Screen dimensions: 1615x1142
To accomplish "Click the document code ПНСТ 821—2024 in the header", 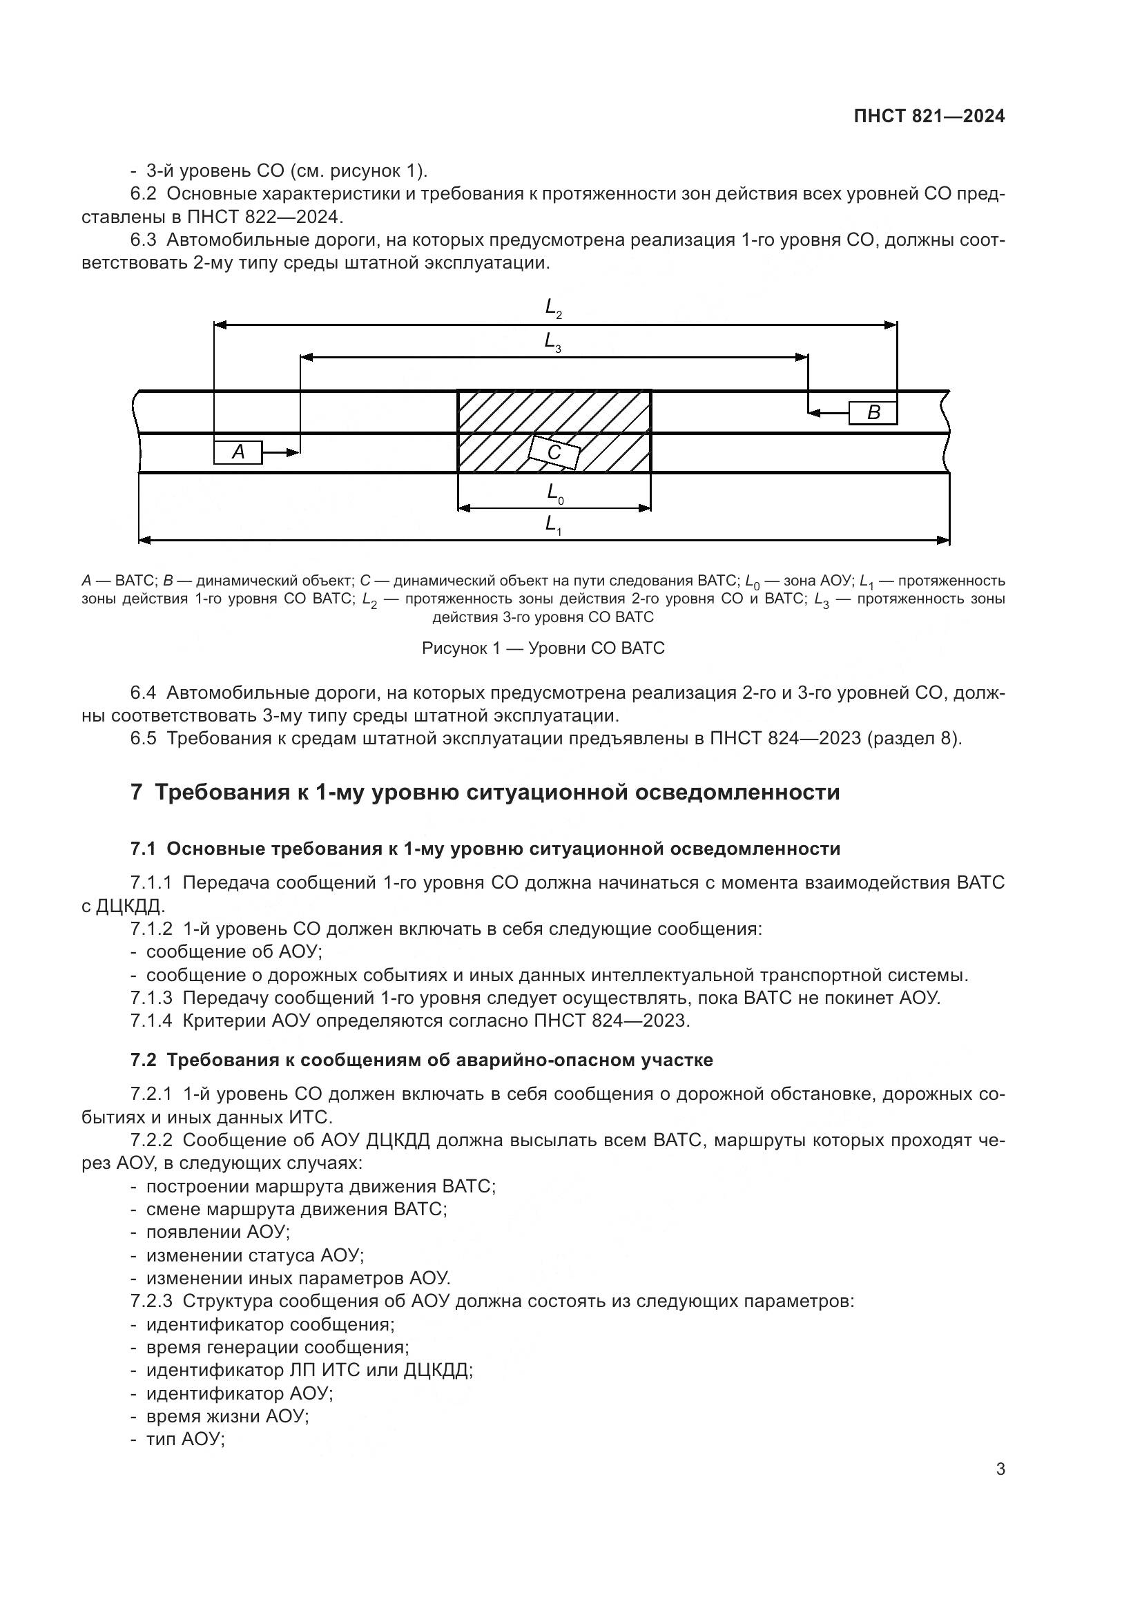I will click(929, 117).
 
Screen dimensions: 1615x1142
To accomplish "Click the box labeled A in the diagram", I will click(238, 452).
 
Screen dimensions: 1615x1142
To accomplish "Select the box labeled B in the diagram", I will click(873, 413).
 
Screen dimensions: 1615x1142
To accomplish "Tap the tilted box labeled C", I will click(554, 453).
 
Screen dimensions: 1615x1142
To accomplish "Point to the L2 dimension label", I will click(554, 307).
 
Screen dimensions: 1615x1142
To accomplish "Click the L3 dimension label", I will click(553, 342).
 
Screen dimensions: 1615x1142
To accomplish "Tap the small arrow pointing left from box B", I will click(829, 413).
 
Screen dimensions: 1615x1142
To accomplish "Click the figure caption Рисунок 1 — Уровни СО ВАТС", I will click(543, 648).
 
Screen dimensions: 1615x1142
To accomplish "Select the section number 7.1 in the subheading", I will click(142, 849).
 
